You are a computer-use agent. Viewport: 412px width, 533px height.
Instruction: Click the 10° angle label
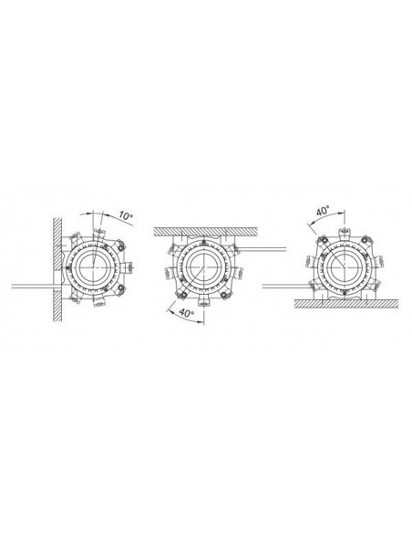click(x=126, y=216)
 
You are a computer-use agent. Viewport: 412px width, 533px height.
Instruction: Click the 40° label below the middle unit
click(x=187, y=312)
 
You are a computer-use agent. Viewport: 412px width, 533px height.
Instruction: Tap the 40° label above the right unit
click(x=324, y=211)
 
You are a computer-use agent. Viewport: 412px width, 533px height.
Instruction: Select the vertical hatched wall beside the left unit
click(x=57, y=269)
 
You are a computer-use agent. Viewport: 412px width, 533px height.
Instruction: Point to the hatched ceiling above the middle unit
click(x=206, y=232)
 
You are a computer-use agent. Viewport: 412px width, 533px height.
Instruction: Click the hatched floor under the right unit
click(x=346, y=304)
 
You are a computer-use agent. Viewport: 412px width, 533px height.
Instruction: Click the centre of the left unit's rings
click(x=93, y=268)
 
